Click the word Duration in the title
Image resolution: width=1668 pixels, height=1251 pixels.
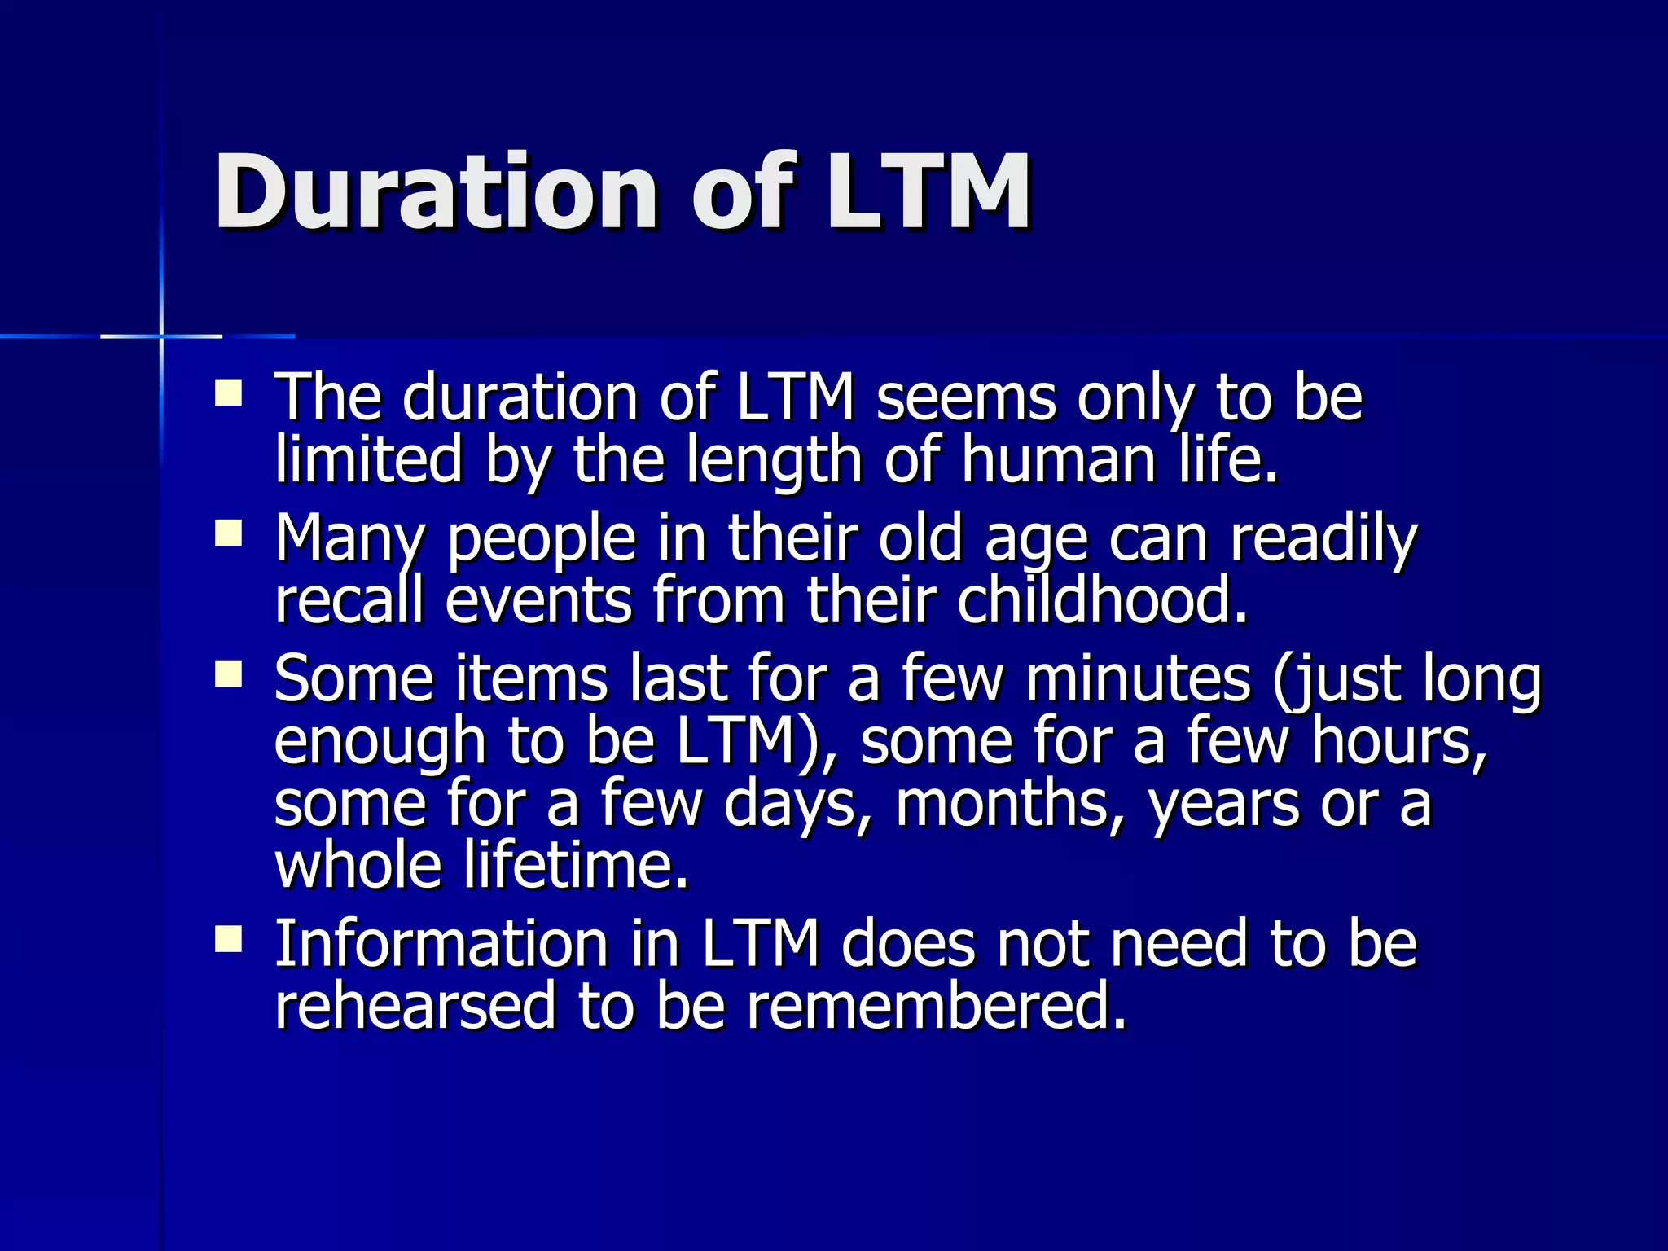click(x=435, y=192)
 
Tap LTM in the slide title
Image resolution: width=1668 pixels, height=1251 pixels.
click(x=928, y=192)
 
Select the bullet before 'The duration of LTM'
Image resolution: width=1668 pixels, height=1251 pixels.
click(x=229, y=393)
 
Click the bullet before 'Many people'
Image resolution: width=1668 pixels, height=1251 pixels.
click(x=229, y=534)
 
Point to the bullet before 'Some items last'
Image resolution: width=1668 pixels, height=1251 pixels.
click(x=229, y=674)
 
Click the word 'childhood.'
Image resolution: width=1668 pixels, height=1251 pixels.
click(x=1102, y=601)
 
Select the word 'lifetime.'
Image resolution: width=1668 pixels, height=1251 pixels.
click(x=576, y=865)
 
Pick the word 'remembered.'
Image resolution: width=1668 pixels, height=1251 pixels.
click(x=937, y=1007)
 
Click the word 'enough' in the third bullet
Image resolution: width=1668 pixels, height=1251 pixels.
click(x=380, y=742)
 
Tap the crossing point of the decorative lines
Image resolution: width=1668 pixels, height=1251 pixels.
click(x=161, y=336)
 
